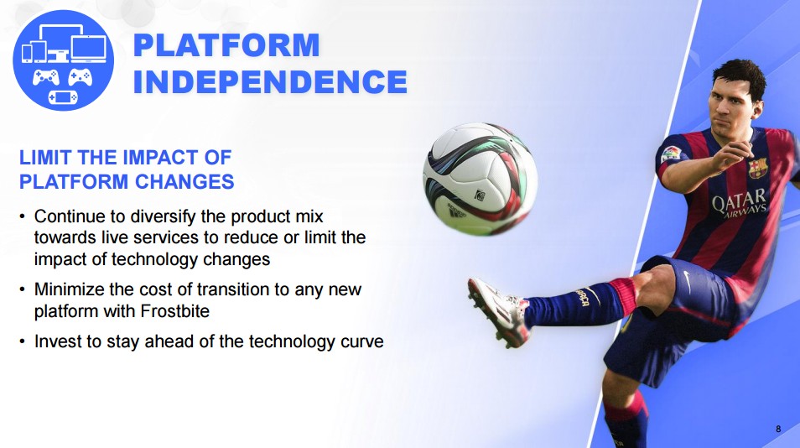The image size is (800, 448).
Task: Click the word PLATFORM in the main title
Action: coord(226,45)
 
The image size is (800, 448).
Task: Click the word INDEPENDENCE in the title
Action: coord(270,81)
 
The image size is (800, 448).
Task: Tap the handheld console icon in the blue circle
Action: coord(63,96)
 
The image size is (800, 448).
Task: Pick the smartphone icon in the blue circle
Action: coord(27,53)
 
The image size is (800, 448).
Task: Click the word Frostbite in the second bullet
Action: coord(175,311)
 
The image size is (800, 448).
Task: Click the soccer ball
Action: coord(480,178)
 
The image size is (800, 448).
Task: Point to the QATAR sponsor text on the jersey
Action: coord(738,201)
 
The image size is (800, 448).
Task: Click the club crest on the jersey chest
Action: coord(758,168)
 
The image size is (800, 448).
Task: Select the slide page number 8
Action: coord(778,429)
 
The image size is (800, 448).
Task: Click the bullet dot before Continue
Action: coord(22,216)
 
